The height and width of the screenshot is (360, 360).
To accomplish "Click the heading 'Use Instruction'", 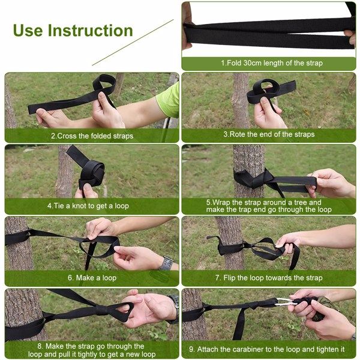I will [x=73, y=31].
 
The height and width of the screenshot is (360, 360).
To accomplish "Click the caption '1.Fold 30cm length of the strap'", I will [x=272, y=63].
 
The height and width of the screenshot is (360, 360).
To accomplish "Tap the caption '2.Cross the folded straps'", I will [x=92, y=136].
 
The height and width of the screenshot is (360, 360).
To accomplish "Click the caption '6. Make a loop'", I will [x=92, y=278].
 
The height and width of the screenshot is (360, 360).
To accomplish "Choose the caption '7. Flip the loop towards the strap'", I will [x=269, y=278].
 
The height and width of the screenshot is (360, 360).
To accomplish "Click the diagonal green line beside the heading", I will [x=132, y=43].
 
